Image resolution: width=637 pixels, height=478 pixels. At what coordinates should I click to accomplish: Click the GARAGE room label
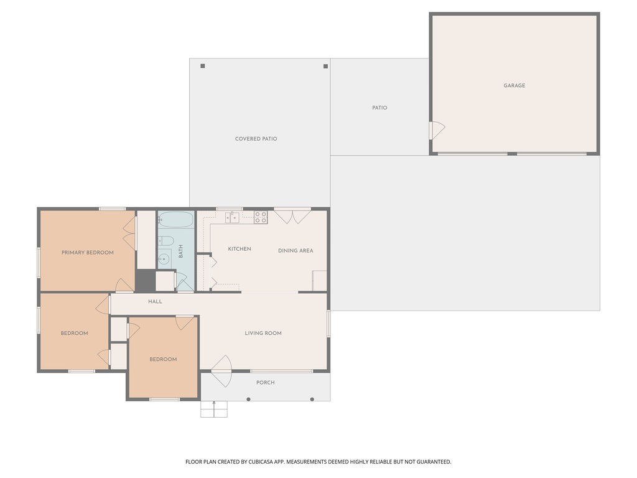[514, 85]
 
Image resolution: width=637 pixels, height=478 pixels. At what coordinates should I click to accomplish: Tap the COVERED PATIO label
[256, 139]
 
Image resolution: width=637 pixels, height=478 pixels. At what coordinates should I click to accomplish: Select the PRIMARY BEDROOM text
[87, 253]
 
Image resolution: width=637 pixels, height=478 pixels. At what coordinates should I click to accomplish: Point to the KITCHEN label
[239, 249]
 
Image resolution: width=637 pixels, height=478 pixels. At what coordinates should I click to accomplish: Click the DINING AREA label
[295, 250]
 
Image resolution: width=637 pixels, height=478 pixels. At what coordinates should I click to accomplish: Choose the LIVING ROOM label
[263, 333]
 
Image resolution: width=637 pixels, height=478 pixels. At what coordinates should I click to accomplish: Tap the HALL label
[155, 301]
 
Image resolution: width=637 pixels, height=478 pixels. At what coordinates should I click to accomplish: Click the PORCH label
[265, 383]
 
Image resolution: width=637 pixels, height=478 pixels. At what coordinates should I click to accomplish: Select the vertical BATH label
[181, 251]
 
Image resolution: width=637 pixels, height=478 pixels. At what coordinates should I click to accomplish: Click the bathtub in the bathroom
[175, 219]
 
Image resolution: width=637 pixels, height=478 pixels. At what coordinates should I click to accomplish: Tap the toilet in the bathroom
[165, 241]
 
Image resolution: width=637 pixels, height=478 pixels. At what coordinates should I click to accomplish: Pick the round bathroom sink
[164, 258]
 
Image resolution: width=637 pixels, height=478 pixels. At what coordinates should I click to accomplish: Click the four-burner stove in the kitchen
[261, 217]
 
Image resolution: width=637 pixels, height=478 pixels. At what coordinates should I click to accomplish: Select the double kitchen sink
[233, 217]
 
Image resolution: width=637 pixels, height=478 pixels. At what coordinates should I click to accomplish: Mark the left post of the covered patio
[203, 66]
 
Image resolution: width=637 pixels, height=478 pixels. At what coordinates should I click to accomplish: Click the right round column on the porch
[312, 399]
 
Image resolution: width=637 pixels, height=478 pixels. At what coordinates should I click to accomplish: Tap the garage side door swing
[438, 130]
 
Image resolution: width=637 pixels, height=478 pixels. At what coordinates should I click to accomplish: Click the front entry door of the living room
[222, 371]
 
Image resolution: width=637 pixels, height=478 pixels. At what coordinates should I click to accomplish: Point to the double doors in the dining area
[292, 216]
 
